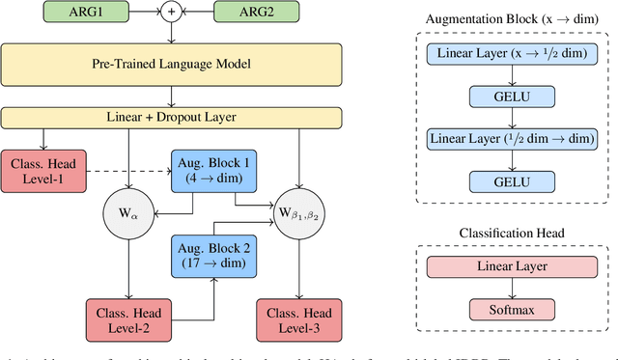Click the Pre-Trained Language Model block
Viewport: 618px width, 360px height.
tap(173, 65)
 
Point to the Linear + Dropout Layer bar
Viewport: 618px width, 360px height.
tap(173, 117)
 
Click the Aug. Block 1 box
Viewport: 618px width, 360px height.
tap(211, 169)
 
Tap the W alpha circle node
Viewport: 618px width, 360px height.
tap(128, 211)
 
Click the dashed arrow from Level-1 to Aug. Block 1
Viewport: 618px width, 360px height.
tap(126, 170)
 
